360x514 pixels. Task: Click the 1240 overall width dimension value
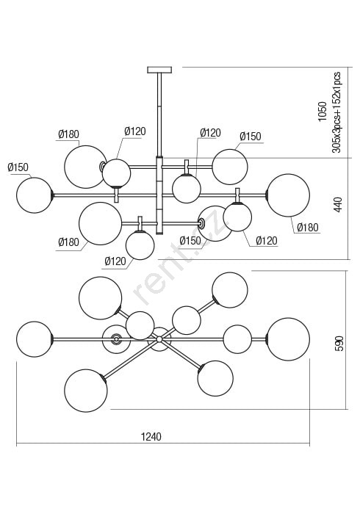(151, 437)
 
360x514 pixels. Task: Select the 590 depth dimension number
(339, 343)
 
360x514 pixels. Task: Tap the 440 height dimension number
(338, 204)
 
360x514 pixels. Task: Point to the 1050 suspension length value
(323, 112)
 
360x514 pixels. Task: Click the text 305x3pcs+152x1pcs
(336, 112)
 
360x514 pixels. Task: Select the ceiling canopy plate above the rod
(159, 70)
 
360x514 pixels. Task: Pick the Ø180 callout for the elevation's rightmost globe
(308, 227)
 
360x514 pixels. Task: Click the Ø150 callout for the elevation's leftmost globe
(18, 167)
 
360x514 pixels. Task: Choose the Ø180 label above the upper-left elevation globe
(68, 134)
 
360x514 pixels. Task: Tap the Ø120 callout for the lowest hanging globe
(115, 261)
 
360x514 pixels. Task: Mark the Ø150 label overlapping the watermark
(190, 240)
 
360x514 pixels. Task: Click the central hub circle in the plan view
(159, 339)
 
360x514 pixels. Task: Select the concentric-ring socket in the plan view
(115, 339)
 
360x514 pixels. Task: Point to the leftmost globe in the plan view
(35, 339)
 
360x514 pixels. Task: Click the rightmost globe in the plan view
(288, 339)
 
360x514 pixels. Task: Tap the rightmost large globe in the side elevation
(288, 195)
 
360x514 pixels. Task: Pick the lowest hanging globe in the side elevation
(140, 245)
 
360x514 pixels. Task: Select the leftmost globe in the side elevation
(35, 195)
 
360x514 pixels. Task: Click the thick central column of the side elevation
(159, 196)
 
